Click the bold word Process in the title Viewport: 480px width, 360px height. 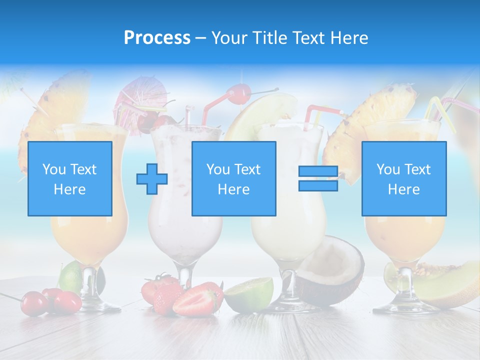[x=157, y=38]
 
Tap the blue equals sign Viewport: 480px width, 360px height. [x=318, y=179]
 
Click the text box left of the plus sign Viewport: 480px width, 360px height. [x=70, y=179]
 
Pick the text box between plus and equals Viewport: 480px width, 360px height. [x=234, y=179]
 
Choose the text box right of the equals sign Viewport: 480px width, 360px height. [x=404, y=179]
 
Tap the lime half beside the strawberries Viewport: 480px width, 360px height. [x=248, y=295]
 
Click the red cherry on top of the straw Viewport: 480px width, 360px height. [x=238, y=93]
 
